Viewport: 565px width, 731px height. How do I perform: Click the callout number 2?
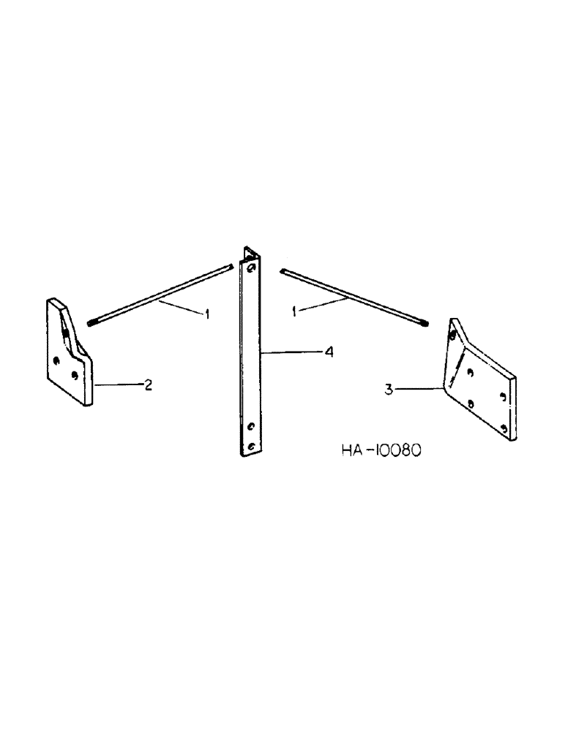click(x=148, y=385)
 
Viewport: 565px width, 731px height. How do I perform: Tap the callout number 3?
click(x=390, y=390)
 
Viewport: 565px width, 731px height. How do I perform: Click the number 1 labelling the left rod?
click(x=207, y=314)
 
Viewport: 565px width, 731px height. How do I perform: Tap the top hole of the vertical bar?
click(x=251, y=269)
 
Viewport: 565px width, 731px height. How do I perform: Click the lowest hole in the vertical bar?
click(x=250, y=446)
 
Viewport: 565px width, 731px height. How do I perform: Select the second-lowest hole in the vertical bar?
click(x=250, y=425)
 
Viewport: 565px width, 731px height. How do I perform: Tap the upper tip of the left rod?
click(x=228, y=268)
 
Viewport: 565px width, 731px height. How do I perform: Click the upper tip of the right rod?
click(x=283, y=271)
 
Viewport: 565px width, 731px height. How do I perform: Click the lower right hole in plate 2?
click(x=75, y=374)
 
